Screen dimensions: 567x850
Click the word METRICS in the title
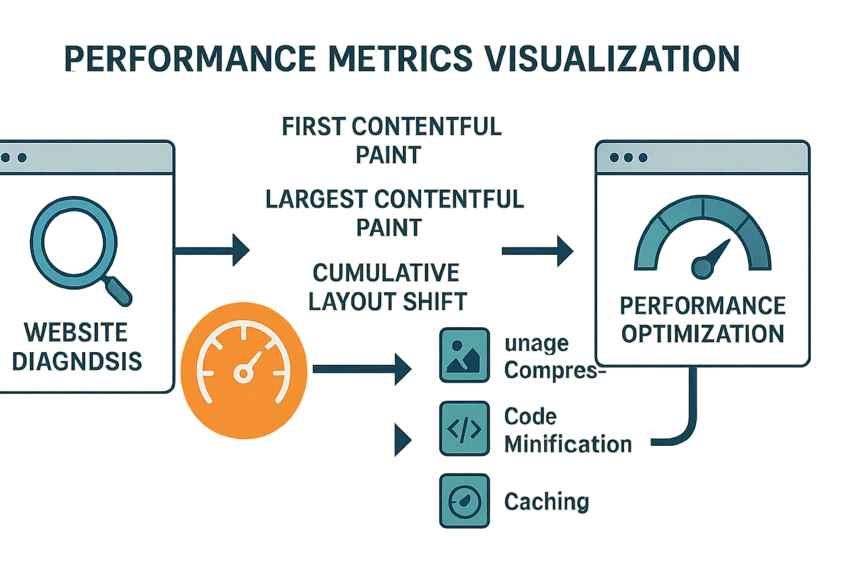pos(395,59)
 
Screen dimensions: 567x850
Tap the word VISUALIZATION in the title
pos(612,59)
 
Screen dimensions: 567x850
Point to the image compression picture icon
pos(464,355)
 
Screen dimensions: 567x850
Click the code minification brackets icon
pos(464,429)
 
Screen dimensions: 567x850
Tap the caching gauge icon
pos(464,501)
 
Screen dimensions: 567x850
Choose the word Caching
pos(546,502)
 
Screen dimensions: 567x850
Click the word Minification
pos(568,444)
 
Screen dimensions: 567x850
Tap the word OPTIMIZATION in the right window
pos(702,334)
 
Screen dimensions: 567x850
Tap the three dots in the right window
pos(628,158)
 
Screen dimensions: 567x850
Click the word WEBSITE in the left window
pos(76,332)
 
